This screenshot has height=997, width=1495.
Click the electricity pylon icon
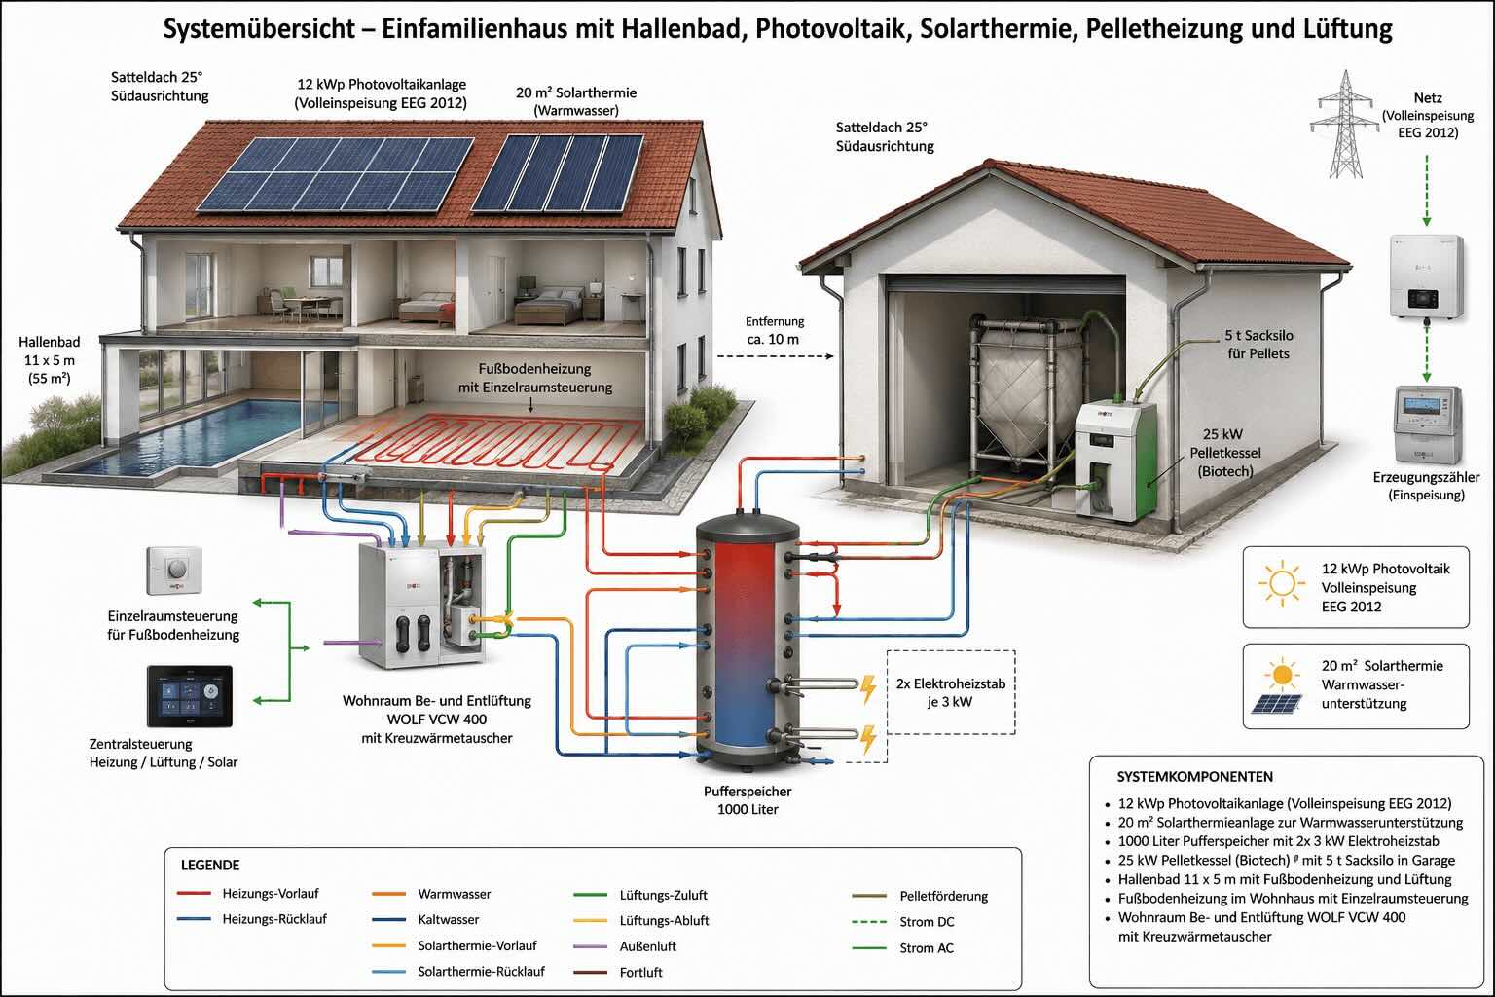point(1345,125)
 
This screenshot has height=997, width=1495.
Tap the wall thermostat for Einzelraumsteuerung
point(174,571)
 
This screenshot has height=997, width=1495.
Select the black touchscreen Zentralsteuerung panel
point(190,696)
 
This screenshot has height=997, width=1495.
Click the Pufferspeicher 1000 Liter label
point(747,800)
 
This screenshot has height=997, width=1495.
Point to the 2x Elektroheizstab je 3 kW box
point(951,692)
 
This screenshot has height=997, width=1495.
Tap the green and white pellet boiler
point(1115,461)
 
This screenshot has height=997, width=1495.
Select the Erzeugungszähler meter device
point(1427,425)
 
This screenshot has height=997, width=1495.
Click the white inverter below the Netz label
point(1426,276)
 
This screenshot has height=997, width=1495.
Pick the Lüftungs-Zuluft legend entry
point(640,895)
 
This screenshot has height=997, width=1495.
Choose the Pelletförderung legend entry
point(920,896)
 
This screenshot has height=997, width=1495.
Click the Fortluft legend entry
point(618,973)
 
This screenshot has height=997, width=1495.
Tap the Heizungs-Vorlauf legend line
point(195,893)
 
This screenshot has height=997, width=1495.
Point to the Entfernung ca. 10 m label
point(774,330)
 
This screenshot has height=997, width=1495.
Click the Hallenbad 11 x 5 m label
point(50,360)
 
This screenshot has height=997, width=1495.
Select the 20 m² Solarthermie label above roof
point(576,101)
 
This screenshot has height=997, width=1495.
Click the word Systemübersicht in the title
point(260,28)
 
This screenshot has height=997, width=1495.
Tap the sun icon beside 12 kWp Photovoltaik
point(1282,583)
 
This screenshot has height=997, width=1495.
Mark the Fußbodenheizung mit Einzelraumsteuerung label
point(534,378)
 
